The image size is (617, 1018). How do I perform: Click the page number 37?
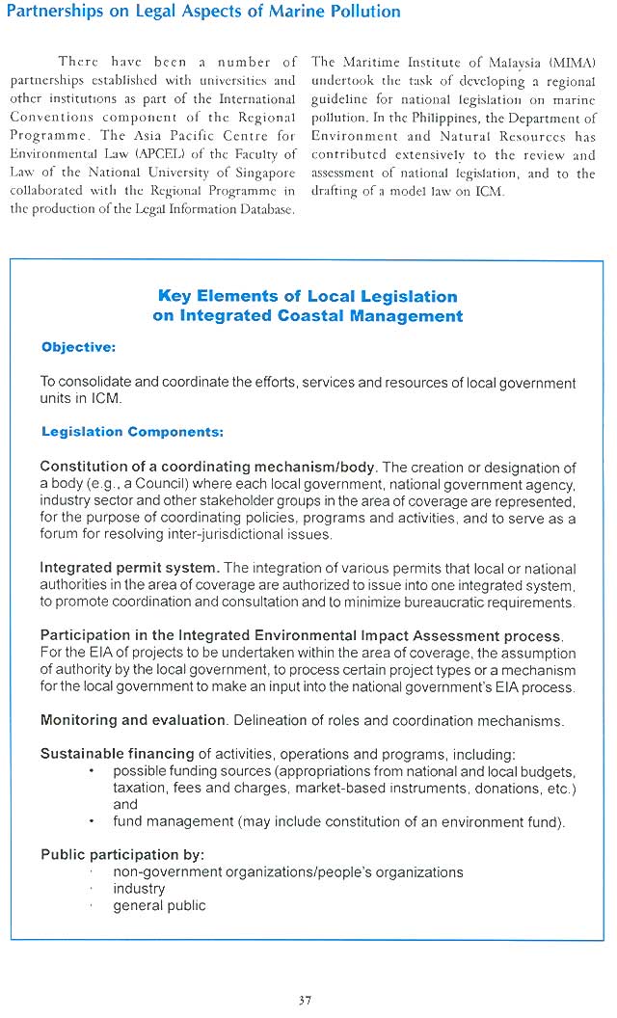(x=305, y=1000)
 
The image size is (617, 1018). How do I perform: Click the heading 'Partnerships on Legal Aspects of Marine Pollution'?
(x=203, y=12)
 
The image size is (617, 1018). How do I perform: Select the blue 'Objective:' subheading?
(x=78, y=347)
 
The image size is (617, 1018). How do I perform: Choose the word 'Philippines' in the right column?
(x=396, y=118)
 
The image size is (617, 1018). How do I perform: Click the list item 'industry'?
(x=139, y=889)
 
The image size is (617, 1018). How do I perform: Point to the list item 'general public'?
(x=159, y=905)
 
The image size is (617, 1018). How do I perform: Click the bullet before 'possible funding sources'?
(x=90, y=772)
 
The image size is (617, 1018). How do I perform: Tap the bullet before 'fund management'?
(x=90, y=822)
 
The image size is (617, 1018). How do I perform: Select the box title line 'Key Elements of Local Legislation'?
(x=308, y=296)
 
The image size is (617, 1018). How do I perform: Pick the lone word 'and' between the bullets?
(x=125, y=805)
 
